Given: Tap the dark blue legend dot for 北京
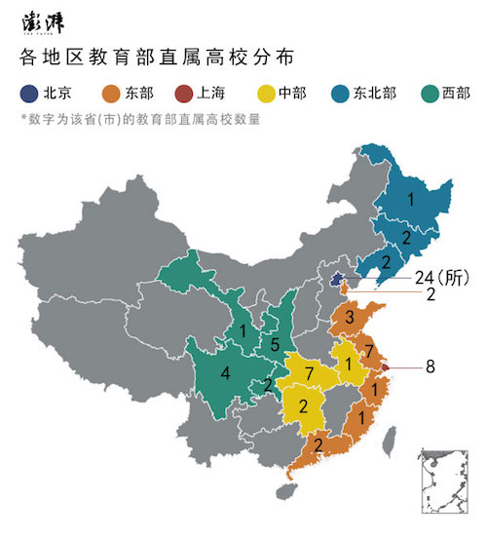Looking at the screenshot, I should click(x=29, y=94).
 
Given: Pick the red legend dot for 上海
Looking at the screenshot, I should click(x=181, y=94).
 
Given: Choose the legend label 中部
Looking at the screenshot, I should click(x=291, y=94).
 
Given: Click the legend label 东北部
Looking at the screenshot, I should click(x=383, y=94).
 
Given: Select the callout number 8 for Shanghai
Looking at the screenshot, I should click(x=431, y=366).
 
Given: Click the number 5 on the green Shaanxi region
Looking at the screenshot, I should click(x=276, y=343).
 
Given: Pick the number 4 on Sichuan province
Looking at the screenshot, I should click(x=225, y=372).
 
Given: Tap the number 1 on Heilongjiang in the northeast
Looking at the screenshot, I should click(x=411, y=199).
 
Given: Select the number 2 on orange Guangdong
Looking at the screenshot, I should click(x=318, y=444).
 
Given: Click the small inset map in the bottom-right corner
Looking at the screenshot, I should click(x=446, y=480).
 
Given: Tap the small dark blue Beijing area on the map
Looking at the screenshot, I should click(x=337, y=280).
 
